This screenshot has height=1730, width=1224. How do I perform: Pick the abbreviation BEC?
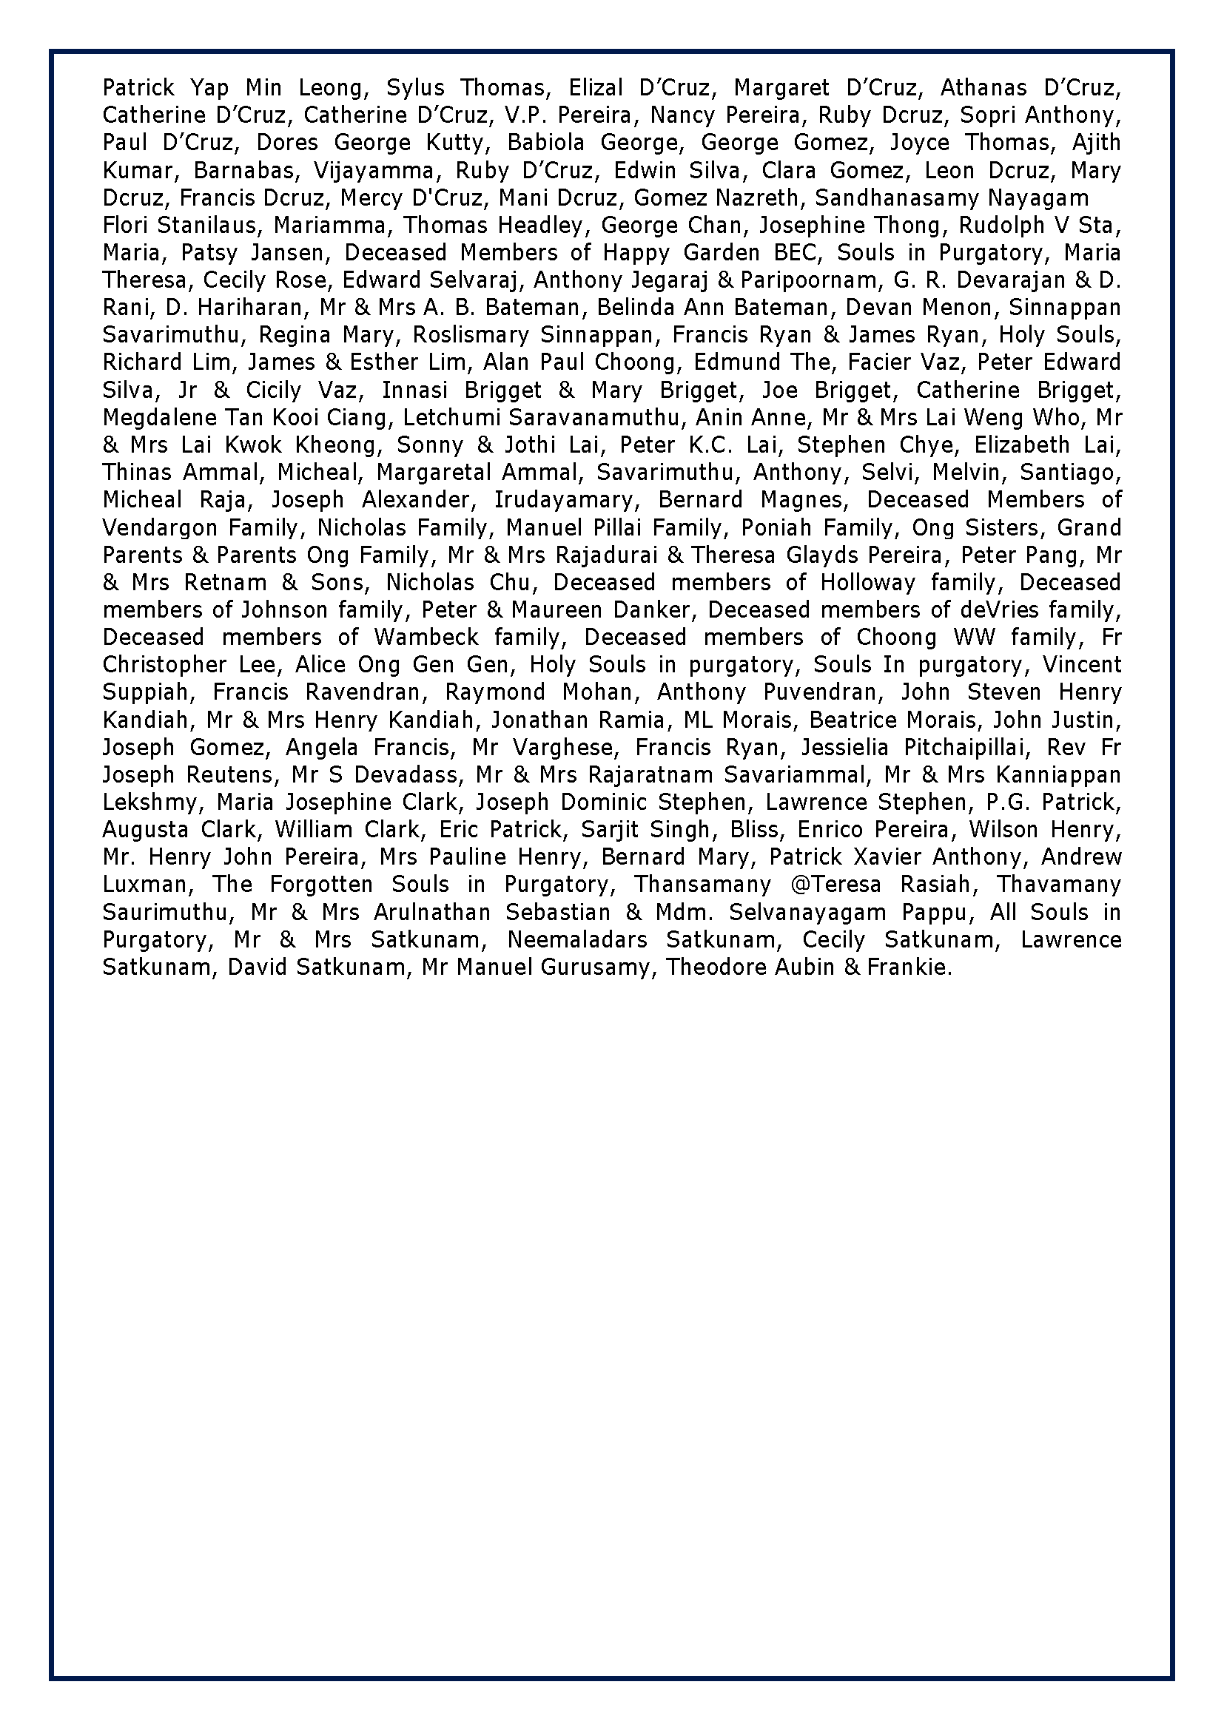[x=790, y=252]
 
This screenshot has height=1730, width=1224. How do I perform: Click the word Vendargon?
[x=158, y=527]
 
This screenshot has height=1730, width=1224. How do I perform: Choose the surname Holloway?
[x=867, y=582]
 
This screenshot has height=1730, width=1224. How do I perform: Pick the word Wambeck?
[x=426, y=638]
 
